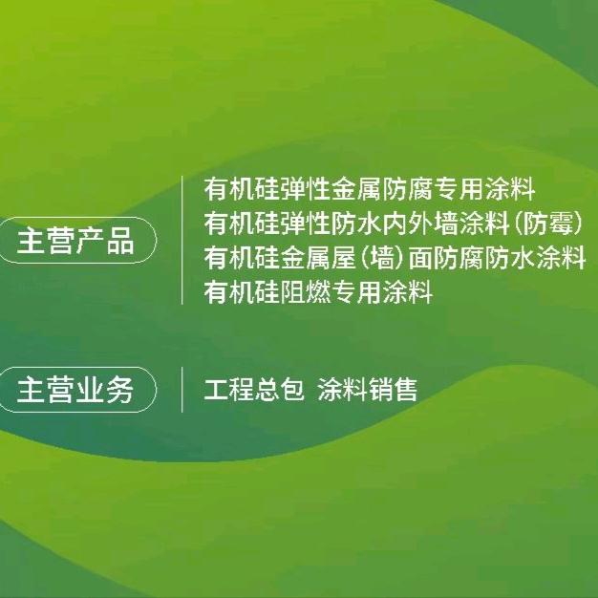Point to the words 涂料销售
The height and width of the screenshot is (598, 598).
coord(369,390)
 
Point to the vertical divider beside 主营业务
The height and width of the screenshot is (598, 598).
coord(182,390)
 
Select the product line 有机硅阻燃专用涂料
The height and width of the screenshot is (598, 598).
coord(319,292)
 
